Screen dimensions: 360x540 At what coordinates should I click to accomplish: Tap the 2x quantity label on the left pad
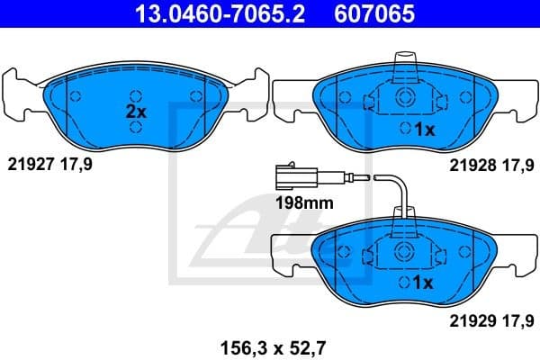(135, 112)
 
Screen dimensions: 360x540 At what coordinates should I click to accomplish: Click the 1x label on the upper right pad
(423, 130)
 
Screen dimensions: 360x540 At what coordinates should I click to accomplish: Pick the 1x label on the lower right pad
(423, 282)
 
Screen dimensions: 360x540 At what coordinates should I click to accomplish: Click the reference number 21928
(471, 165)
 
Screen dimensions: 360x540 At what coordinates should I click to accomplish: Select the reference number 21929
(471, 318)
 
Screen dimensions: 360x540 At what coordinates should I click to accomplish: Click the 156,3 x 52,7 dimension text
(268, 346)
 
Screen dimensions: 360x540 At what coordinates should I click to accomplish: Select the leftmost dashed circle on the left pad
(75, 96)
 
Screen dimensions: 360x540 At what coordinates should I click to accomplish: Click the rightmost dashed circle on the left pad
(195, 96)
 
